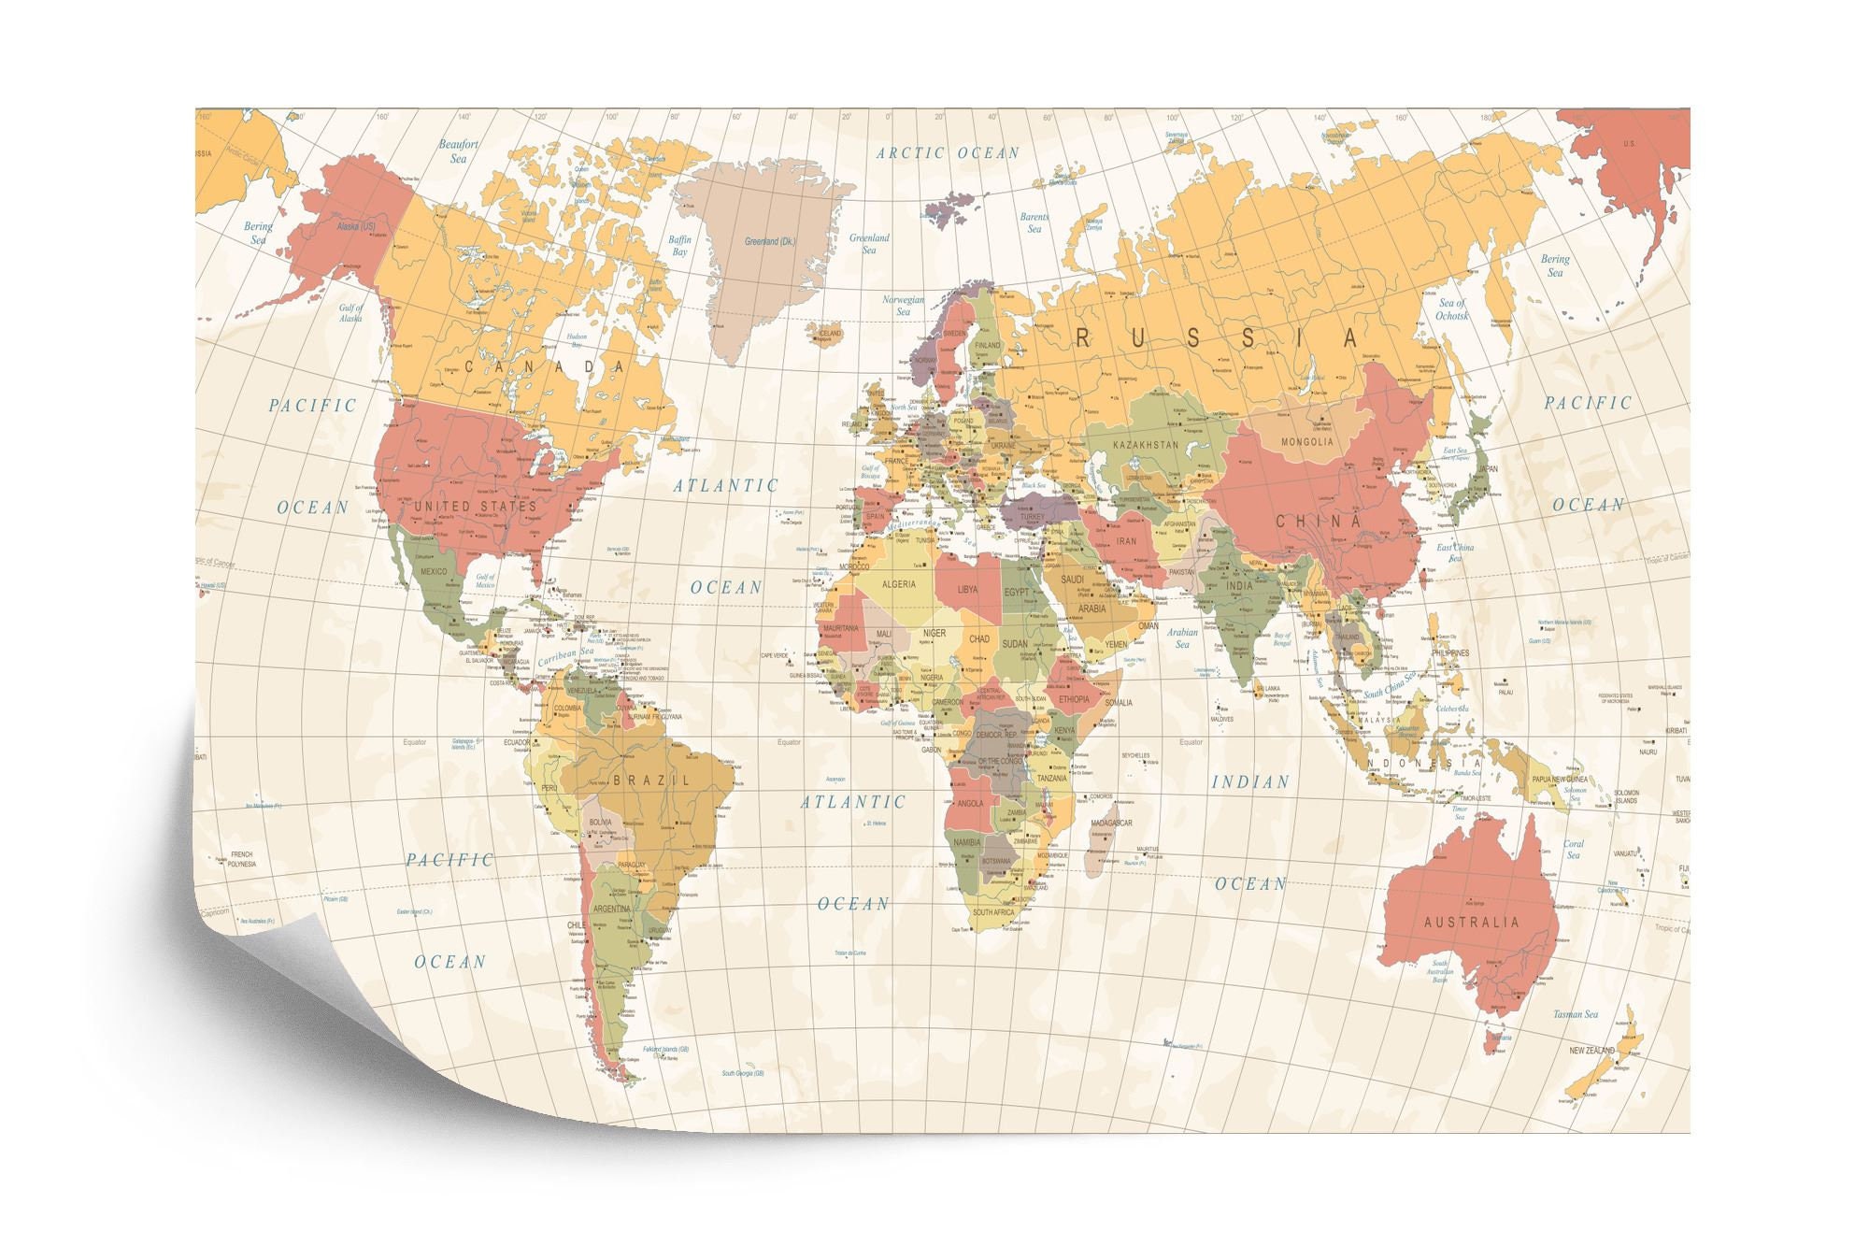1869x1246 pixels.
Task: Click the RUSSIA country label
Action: tap(1216, 338)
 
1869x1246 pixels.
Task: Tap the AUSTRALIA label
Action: tap(1471, 922)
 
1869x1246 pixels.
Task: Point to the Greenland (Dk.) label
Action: tap(770, 242)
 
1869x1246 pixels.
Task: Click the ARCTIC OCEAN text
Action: tap(948, 153)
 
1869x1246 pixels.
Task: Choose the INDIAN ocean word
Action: tap(1250, 781)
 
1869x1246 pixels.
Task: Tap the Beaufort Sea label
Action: tap(458, 151)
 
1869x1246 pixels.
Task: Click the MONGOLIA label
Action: tap(1306, 441)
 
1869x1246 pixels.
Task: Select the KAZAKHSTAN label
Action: tap(1146, 445)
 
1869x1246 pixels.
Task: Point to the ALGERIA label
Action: tap(899, 584)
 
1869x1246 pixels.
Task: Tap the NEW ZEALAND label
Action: tap(1591, 1051)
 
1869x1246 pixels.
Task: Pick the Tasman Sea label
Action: tap(1576, 1014)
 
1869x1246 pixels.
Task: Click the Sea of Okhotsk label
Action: tap(1452, 309)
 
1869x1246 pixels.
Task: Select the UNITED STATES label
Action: tap(476, 506)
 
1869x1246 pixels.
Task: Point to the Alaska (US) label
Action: tap(355, 227)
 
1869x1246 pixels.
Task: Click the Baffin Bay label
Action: tap(679, 246)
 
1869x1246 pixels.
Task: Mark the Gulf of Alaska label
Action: tap(350, 313)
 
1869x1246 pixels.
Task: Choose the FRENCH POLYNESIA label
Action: tap(241, 859)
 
